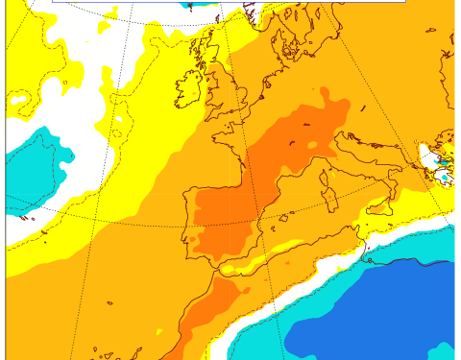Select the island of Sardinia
(x=331, y=197)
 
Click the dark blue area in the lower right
(x=375, y=317)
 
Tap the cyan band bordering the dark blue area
(x=317, y=298)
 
